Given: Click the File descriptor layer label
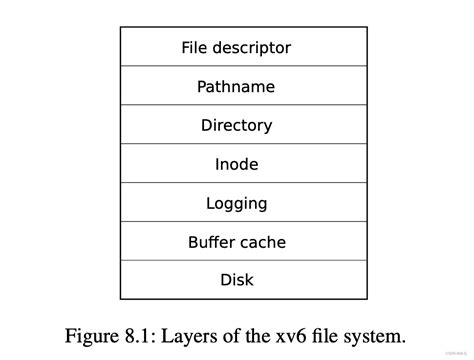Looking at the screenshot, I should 236,47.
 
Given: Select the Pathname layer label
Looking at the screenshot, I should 236,86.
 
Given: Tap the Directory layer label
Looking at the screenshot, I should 236,125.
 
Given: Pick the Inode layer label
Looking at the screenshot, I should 236,164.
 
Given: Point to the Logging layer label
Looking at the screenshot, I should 236,203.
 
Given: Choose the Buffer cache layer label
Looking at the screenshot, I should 236,242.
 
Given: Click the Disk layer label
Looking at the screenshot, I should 236,280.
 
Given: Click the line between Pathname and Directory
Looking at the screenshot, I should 236,105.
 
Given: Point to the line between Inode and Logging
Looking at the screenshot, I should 236,183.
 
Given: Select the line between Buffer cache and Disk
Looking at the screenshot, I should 236,261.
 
